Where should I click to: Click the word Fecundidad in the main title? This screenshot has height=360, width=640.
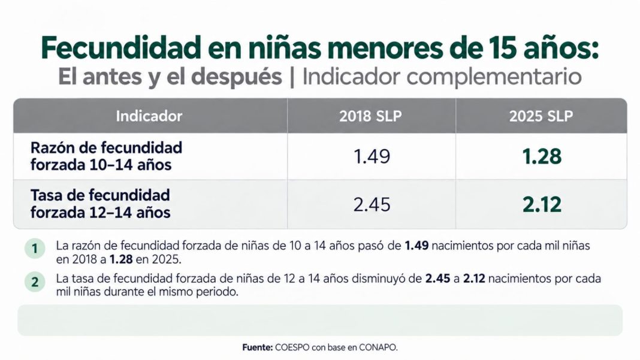pyautogui.click(x=121, y=48)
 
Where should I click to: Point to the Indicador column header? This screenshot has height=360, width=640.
pyautogui.click(x=149, y=116)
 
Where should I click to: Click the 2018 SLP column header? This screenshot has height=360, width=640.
pyautogui.click(x=370, y=116)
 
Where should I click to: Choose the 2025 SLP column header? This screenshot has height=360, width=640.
pyautogui.click(x=541, y=116)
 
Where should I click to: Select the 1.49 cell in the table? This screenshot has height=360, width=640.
pyautogui.click(x=372, y=156)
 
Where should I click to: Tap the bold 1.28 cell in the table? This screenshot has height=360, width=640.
pyautogui.click(x=542, y=156)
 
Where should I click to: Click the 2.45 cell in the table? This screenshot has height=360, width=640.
pyautogui.click(x=372, y=204)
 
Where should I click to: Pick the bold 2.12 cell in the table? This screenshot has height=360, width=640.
pyautogui.click(x=542, y=204)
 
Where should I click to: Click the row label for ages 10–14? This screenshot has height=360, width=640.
pyautogui.click(x=106, y=156)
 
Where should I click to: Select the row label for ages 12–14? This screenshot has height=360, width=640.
pyautogui.click(x=101, y=204)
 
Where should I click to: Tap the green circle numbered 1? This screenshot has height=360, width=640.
pyautogui.click(x=35, y=249)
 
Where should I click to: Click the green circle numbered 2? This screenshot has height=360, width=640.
pyautogui.click(x=35, y=282)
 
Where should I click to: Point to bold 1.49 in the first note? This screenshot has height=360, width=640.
pyautogui.click(x=416, y=246)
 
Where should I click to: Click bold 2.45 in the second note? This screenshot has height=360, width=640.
pyautogui.click(x=437, y=279)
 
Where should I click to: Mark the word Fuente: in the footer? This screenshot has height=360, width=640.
pyautogui.click(x=258, y=347)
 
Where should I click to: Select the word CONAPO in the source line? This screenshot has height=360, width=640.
pyautogui.click(x=378, y=347)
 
